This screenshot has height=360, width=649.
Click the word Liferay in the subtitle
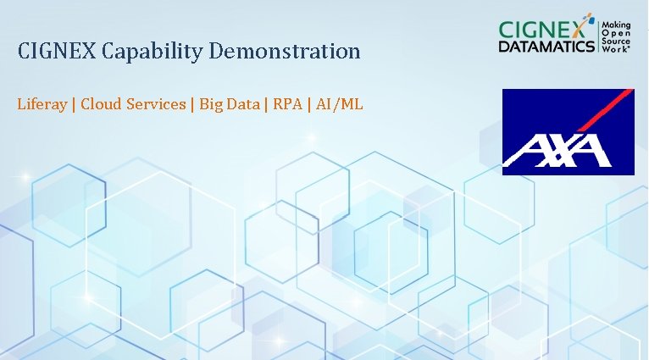click(x=43, y=105)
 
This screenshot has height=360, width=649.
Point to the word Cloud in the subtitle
click(x=100, y=105)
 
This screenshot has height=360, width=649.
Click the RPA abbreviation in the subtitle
click(x=288, y=105)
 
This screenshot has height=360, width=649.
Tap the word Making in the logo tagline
click(x=616, y=27)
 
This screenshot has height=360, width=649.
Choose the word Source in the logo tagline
click(x=615, y=42)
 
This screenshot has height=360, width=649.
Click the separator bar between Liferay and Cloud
click(x=75, y=105)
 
